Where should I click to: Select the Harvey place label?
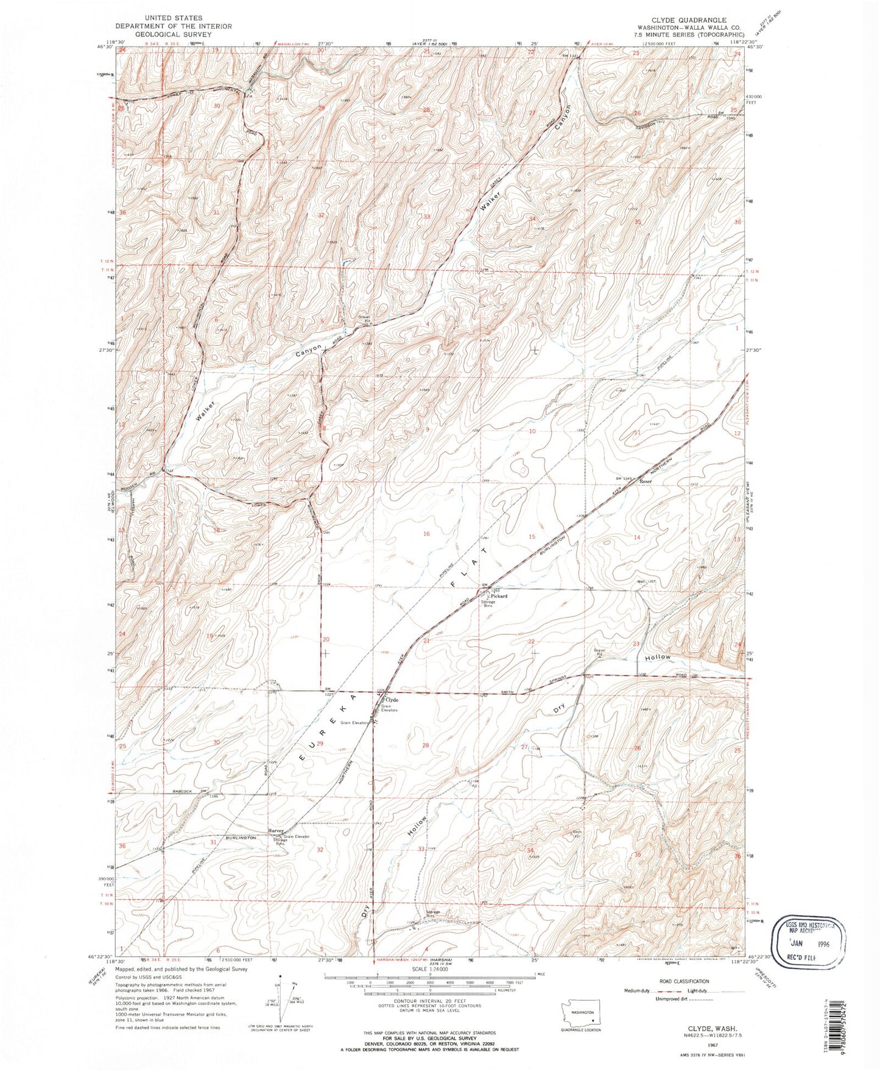(276, 831)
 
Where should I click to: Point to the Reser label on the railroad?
(646, 481)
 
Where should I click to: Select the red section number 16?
(426, 534)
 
